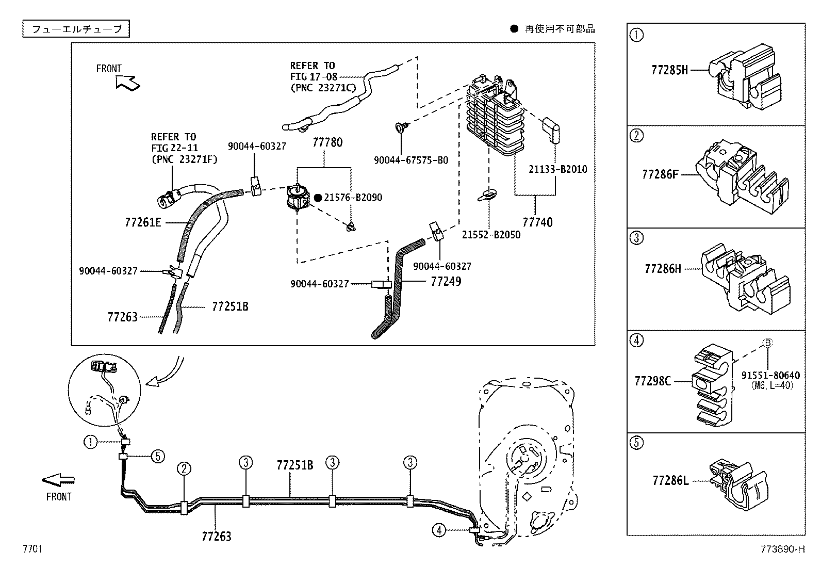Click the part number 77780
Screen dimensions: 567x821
(327, 142)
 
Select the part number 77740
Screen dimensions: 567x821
(537, 222)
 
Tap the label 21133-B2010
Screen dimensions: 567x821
(557, 169)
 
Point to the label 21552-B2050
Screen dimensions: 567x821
(490, 235)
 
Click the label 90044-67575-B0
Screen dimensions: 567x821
(411, 160)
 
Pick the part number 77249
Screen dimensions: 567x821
(446, 282)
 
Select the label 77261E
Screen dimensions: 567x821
(143, 222)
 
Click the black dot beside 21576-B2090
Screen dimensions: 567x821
(318, 198)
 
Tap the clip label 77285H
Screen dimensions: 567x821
(669, 70)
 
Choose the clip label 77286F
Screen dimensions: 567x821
(660, 174)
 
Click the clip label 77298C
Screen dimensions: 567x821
(652, 381)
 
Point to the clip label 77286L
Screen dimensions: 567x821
(670, 481)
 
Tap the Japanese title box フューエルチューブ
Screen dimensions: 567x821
(76, 29)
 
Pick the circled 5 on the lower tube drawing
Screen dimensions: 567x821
(158, 456)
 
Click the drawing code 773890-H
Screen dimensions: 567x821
(782, 549)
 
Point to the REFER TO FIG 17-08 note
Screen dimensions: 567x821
(323, 76)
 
